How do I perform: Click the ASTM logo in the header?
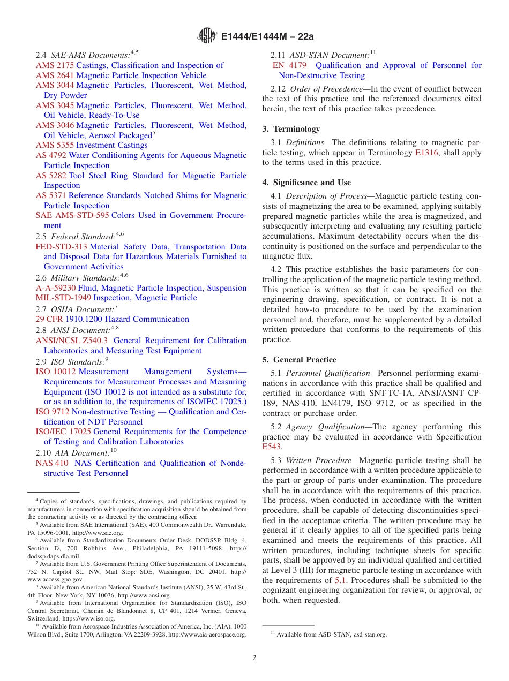click(208, 36)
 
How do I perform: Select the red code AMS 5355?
click(55, 145)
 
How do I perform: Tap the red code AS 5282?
click(51, 176)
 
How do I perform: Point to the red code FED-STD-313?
click(61, 247)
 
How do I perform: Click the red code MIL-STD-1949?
click(63, 298)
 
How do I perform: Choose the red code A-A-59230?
click(56, 288)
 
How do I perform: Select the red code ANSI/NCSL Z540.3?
click(71, 340)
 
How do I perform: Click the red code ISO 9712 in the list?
click(52, 412)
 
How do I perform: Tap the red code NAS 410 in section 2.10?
click(52, 463)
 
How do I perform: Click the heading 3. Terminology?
click(291, 129)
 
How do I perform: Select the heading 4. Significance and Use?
click(306, 183)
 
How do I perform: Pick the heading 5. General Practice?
click(299, 360)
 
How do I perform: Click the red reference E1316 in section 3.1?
click(426, 153)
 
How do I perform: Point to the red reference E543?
click(271, 447)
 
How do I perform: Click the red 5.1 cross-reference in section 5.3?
click(340, 580)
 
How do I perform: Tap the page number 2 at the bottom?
click(254, 657)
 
